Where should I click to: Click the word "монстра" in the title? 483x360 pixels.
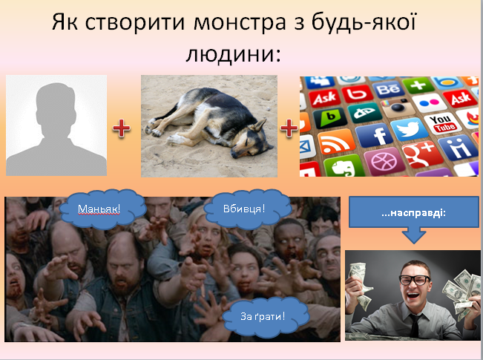click(x=240, y=22)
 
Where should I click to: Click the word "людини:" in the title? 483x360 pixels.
click(x=234, y=54)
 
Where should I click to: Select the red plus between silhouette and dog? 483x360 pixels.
click(x=122, y=128)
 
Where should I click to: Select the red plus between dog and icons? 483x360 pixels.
click(x=289, y=128)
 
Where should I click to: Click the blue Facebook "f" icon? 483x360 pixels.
click(x=374, y=134)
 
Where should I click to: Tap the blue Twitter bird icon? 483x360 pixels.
click(x=409, y=128)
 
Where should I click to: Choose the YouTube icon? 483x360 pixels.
click(x=443, y=123)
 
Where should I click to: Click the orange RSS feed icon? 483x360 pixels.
click(x=336, y=142)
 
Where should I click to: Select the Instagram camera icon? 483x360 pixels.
click(x=398, y=108)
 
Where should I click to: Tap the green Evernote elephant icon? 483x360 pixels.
click(x=344, y=166)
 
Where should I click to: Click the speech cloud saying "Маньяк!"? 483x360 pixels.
click(x=102, y=209)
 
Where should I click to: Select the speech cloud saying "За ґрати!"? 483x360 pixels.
click(x=266, y=316)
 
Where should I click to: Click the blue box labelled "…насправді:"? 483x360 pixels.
click(x=413, y=212)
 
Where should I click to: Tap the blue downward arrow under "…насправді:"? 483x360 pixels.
click(x=414, y=235)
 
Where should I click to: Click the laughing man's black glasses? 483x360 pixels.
click(x=414, y=280)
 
